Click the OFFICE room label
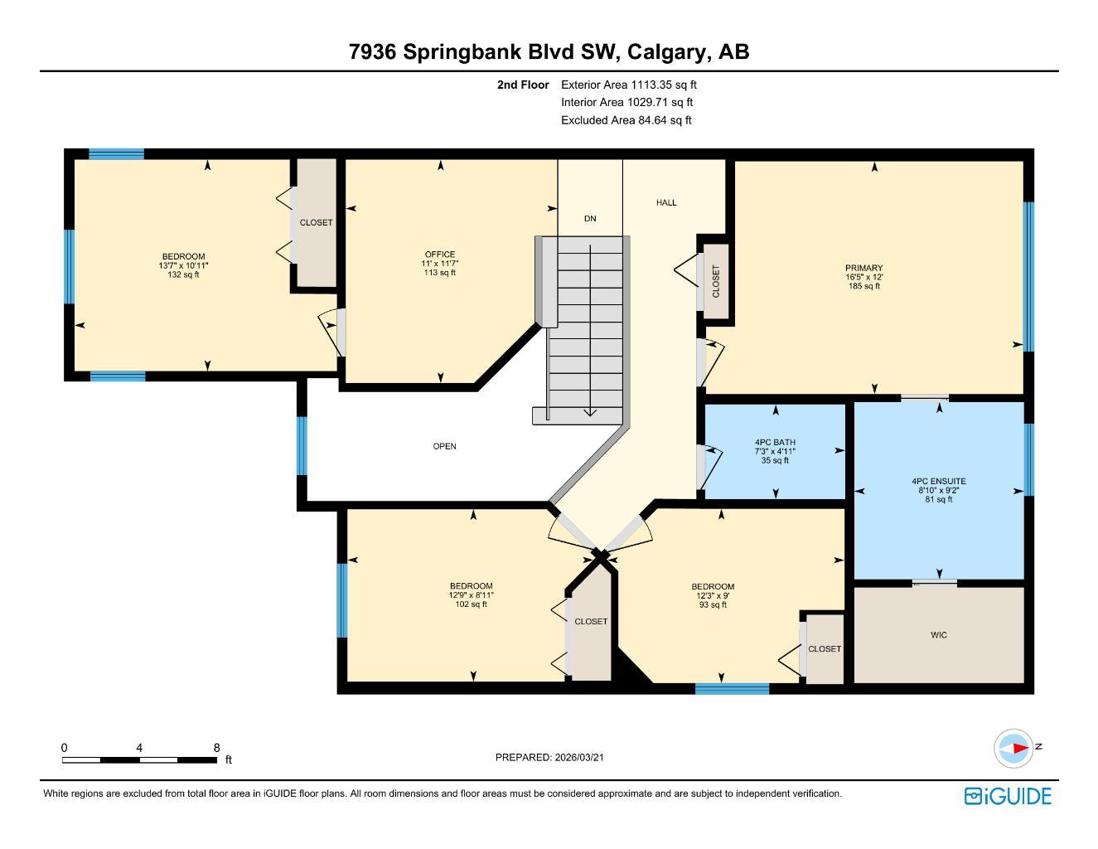pos(439,255)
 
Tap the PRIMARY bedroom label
pos(863,269)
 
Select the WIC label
pos(938,635)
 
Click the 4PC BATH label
pos(775,443)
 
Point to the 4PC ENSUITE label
pos(938,482)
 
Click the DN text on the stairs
pos(590,219)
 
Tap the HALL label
pos(666,202)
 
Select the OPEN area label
pos(444,447)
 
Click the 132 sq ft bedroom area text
pos(183,274)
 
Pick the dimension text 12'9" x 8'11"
pos(471,595)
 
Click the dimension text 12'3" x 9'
pos(712,595)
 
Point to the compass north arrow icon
pos(1013,748)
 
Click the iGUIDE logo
pos(1008,796)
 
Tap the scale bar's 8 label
pos(216,748)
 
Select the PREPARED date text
pos(555,757)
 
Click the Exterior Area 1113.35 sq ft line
pos(629,85)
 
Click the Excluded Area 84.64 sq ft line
pos(626,120)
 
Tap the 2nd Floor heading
pos(523,85)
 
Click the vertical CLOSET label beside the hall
pos(716,281)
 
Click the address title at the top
pos(549,51)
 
